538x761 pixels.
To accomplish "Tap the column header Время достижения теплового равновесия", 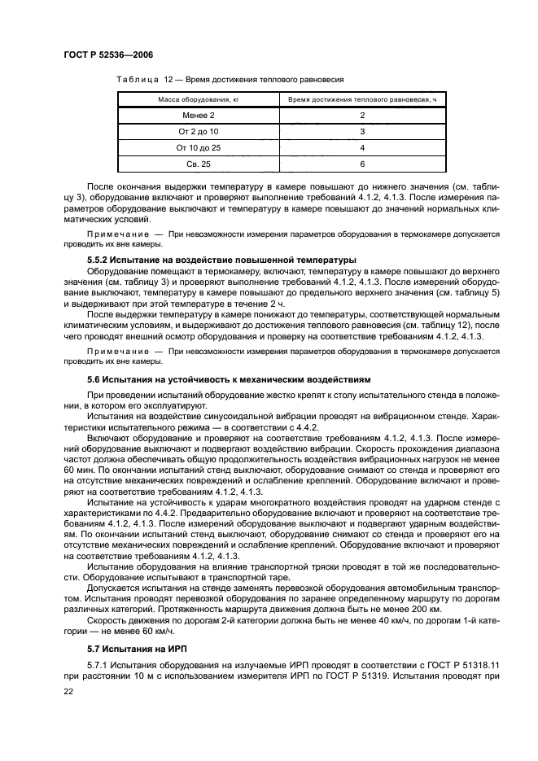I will point(361,99).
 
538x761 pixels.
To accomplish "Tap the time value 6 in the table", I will point(361,164).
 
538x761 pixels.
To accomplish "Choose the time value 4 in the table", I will point(361,148).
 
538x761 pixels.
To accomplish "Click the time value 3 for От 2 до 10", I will point(361,132).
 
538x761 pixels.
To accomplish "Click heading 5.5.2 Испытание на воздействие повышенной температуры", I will point(221,260).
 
